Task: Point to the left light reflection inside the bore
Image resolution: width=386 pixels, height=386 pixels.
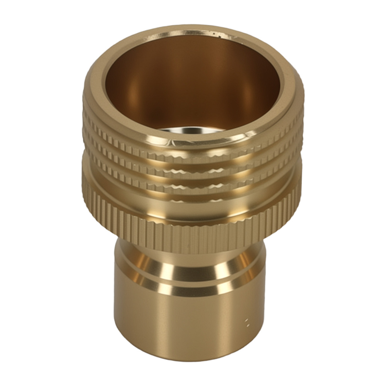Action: pyautogui.click(x=131, y=93)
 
